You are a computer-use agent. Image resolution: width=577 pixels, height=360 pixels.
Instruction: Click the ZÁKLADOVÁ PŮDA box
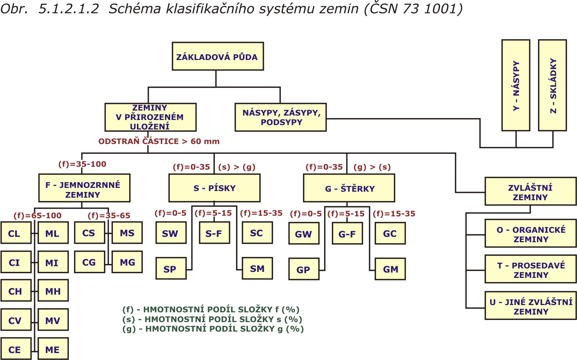tap(217, 57)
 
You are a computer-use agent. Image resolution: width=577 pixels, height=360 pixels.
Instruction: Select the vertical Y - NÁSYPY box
tap(516, 85)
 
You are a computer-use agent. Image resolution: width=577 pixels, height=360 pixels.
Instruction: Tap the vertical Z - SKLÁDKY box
tap(552, 85)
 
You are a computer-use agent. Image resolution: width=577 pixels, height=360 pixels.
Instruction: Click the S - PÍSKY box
tap(214, 188)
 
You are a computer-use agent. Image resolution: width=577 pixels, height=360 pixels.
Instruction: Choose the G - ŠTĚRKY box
tap(349, 188)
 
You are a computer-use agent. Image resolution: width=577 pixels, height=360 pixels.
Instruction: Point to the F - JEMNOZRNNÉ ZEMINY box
tap(84, 188)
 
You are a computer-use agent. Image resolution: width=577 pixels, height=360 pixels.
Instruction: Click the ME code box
tap(53, 349)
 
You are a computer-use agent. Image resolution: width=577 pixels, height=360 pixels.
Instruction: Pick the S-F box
tap(214, 233)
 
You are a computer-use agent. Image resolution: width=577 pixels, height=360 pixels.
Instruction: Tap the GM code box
tap(390, 269)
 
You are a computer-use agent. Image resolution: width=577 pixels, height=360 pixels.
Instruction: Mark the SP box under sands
tap(171, 269)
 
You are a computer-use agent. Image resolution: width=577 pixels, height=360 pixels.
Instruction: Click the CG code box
tap(89, 262)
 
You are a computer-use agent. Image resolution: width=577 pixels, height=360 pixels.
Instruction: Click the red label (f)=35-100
tap(82, 164)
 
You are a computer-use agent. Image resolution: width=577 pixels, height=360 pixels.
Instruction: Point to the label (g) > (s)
tap(372, 167)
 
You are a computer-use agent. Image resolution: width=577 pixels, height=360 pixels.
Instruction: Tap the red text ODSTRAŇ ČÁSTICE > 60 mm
tap(159, 141)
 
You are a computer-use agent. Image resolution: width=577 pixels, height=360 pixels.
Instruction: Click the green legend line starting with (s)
tap(212, 319)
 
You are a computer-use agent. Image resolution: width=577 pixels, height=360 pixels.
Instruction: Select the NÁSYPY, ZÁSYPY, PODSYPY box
tap(281, 117)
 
